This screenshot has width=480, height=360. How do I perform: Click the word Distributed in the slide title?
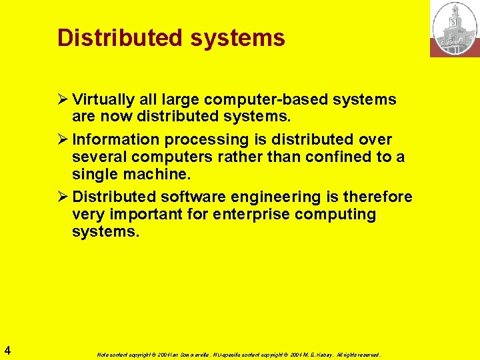pos(121,37)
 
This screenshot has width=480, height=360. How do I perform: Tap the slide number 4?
pos(7,349)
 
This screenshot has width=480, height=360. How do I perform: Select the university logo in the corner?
pos(455,28)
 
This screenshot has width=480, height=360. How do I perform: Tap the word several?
pos(99,157)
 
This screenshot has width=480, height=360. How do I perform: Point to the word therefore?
pos(378,197)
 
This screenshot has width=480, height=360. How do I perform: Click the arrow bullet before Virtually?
pos(63,100)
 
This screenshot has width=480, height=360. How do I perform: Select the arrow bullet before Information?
pos(63,139)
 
